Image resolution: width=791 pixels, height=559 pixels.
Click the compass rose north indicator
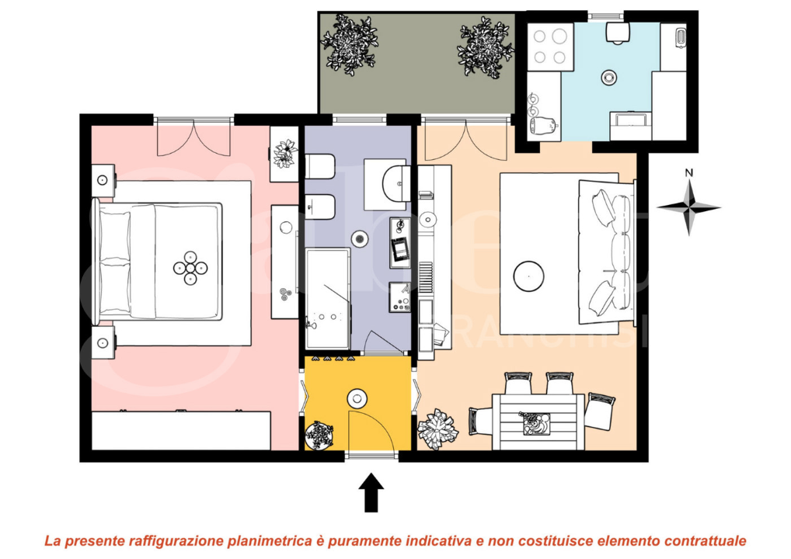(688, 207)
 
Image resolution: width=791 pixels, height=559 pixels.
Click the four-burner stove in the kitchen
(549, 46)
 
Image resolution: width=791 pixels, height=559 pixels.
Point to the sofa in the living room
(611, 252)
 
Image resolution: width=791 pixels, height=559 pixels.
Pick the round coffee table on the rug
(528, 276)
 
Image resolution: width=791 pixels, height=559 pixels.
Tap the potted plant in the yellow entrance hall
(319, 434)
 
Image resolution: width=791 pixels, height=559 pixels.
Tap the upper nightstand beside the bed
(103, 181)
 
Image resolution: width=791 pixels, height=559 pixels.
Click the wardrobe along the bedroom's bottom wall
(181, 429)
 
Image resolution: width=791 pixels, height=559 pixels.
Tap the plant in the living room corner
(437, 429)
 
